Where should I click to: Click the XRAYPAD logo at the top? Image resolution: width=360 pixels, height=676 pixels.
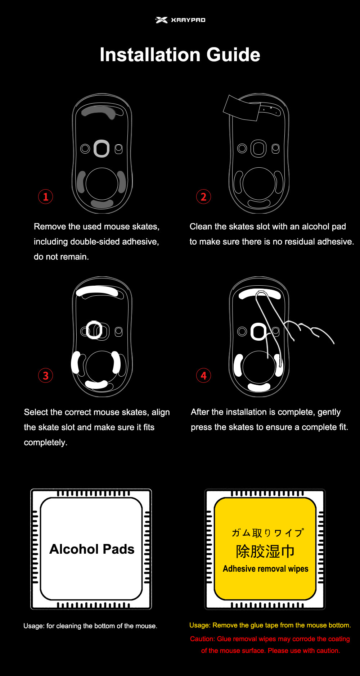[x=180, y=20]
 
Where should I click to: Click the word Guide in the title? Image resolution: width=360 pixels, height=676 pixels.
[x=233, y=55]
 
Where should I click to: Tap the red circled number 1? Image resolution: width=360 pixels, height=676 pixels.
[x=46, y=197]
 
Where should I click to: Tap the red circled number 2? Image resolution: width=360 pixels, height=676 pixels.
[x=203, y=197]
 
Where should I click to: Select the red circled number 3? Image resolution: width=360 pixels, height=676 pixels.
[x=46, y=376]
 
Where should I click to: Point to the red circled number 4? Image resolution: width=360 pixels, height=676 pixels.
[x=203, y=376]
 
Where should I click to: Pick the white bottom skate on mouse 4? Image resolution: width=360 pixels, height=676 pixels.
[x=259, y=387]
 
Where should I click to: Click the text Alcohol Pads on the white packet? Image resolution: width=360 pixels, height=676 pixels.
[x=92, y=549]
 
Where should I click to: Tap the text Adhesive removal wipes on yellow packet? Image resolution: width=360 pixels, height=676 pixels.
[x=266, y=569]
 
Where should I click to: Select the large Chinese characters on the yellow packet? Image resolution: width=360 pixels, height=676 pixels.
[x=265, y=551]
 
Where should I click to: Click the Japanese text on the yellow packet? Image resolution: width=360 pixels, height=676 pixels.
[x=267, y=532]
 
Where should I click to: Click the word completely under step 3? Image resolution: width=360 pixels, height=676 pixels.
[x=45, y=443]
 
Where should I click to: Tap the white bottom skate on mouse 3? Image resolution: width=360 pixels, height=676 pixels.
[x=96, y=385]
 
